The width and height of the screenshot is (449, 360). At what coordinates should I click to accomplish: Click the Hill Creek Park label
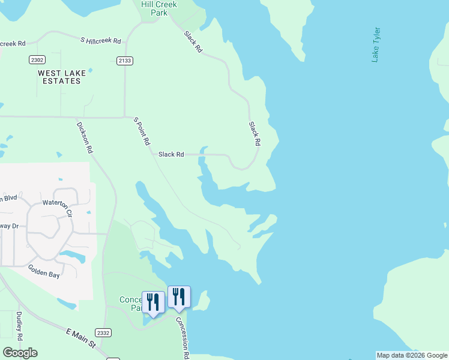[159, 8]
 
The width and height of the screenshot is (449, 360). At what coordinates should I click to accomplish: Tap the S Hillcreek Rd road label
[101, 40]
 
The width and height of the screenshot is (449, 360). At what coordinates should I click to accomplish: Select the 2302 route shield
[37, 59]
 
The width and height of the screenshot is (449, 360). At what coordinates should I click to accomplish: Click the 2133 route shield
[125, 61]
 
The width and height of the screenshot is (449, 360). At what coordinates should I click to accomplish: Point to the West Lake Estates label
[62, 77]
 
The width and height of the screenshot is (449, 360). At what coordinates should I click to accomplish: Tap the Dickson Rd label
[85, 138]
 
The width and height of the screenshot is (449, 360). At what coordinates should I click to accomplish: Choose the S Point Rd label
[142, 132]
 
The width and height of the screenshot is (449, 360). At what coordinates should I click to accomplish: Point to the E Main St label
[82, 338]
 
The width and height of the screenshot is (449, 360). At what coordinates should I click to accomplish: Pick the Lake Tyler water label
[376, 44]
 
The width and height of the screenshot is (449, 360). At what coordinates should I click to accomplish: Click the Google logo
[20, 353]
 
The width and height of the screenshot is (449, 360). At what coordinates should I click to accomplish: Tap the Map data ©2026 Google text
[412, 355]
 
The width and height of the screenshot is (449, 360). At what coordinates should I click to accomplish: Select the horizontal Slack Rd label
[171, 154]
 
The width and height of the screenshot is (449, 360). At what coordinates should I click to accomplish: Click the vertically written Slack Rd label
[255, 134]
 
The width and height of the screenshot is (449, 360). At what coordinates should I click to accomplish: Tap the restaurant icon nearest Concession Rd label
[179, 296]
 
